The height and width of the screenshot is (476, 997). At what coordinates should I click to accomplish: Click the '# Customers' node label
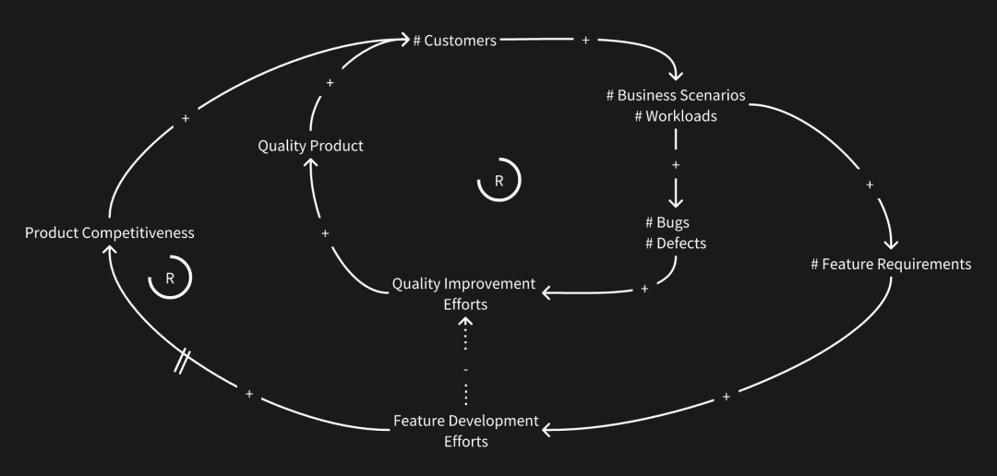coord(454,41)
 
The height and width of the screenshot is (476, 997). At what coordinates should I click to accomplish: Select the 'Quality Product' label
coord(310,146)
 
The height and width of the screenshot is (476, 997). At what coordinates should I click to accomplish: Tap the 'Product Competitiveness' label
coord(109,232)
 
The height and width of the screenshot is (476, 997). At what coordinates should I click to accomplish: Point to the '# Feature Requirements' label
coord(891,265)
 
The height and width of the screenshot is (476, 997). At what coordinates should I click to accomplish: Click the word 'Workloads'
coord(680,116)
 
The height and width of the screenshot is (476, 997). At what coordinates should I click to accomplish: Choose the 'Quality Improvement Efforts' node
coord(463,293)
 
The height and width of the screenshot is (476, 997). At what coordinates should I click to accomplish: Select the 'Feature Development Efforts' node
coord(465,431)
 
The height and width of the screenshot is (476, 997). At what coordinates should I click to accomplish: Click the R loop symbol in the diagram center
coord(498,181)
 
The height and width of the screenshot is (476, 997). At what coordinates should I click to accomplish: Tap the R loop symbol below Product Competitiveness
coord(170,278)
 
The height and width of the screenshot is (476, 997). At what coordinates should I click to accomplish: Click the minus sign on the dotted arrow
coord(465,369)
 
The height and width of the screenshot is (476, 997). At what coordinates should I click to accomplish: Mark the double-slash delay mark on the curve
coord(183,362)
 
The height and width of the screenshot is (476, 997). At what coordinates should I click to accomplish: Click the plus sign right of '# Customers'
coord(586,41)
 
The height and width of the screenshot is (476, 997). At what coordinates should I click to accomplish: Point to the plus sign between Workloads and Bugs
coord(676,165)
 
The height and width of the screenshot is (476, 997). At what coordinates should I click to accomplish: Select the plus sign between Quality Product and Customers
coord(330,83)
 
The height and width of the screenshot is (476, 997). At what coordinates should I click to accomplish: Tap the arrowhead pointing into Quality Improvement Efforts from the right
coord(547,292)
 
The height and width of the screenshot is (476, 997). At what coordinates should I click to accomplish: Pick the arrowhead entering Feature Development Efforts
coord(548,430)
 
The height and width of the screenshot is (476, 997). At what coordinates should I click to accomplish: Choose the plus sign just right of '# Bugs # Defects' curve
coord(644,289)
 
